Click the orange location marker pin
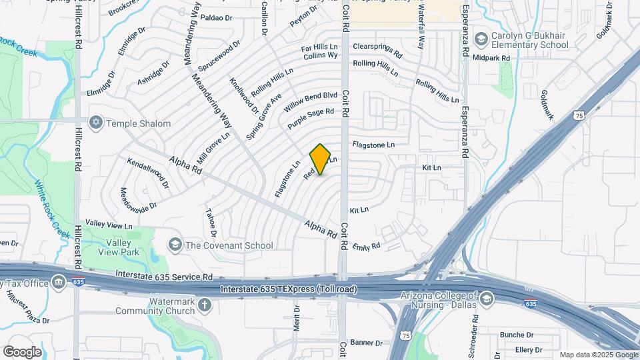pyautogui.click(x=321, y=159)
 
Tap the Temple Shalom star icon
pyautogui.click(x=96, y=123)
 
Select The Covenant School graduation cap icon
pyautogui.click(x=175, y=245)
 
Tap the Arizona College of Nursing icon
pyautogui.click(x=487, y=297)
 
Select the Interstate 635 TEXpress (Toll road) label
pyautogui.click(x=289, y=289)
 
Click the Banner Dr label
pyautogui.click(x=366, y=343)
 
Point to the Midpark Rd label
pyautogui.click(x=491, y=59)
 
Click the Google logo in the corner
pyautogui.click(x=22, y=351)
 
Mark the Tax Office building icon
pyautogui.click(x=59, y=283)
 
